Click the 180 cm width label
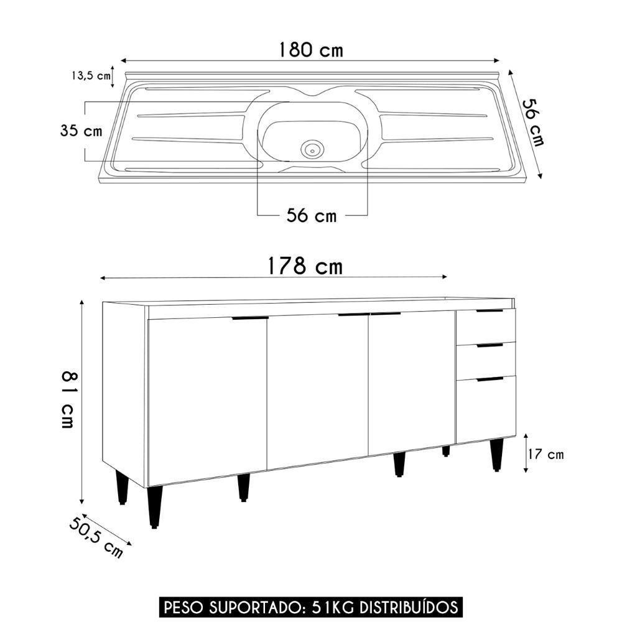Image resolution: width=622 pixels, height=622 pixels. [310, 49]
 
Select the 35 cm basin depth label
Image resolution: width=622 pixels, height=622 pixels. [81, 131]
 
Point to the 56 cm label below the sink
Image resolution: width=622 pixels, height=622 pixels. [311, 215]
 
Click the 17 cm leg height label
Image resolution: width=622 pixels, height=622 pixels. [545, 455]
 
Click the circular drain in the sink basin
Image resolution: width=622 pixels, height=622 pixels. [312, 149]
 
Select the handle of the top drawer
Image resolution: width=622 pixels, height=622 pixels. [490, 310]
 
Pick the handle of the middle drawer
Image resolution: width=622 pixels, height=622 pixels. [490, 345]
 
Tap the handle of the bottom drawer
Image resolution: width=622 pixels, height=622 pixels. [490, 378]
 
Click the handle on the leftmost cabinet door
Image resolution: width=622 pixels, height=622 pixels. [250, 318]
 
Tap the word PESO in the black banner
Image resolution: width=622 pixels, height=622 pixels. [179, 606]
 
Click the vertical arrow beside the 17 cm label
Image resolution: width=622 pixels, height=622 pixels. [526, 453]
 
